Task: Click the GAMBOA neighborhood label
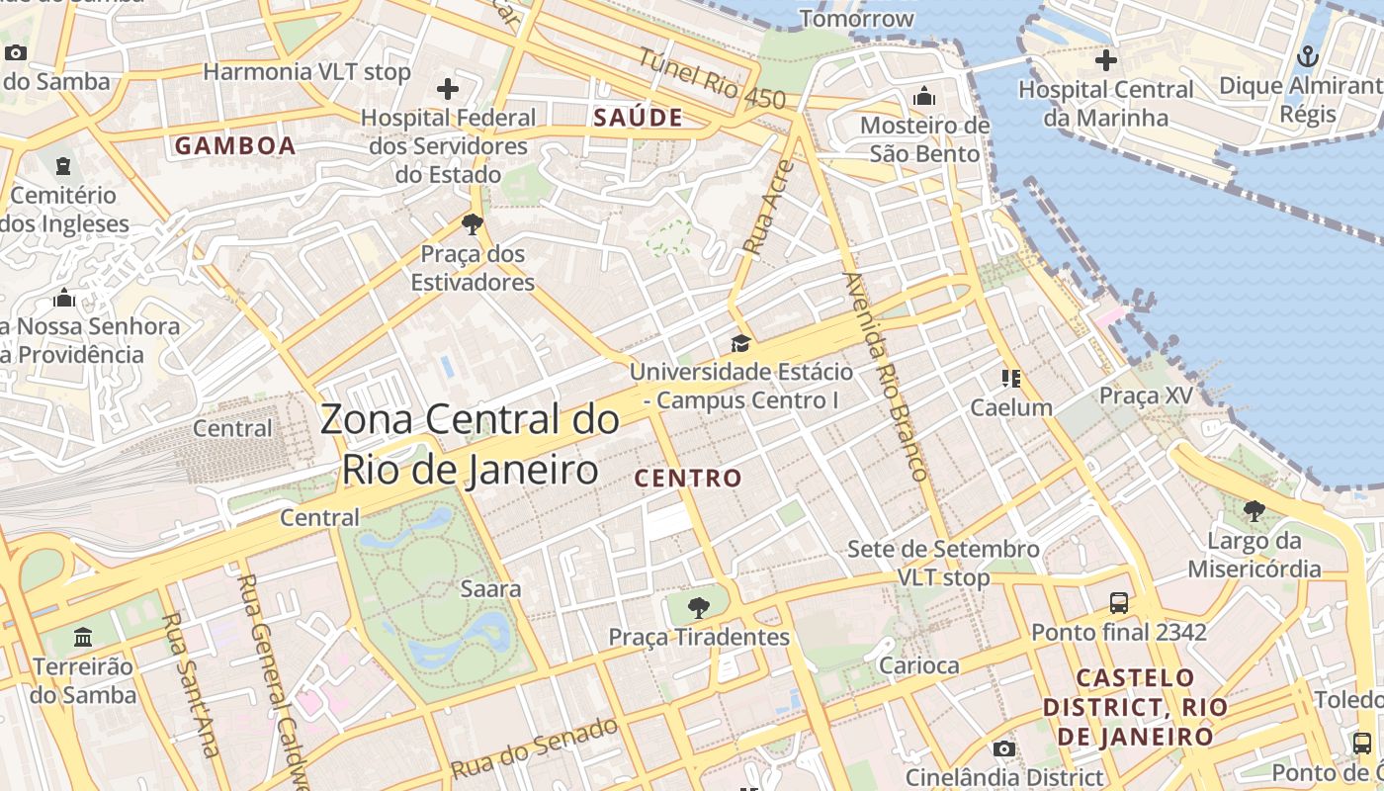click(x=235, y=146)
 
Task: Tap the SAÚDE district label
click(x=639, y=118)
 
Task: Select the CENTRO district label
click(x=688, y=479)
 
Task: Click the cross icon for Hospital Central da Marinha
click(x=1105, y=60)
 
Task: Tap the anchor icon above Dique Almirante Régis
click(x=1308, y=56)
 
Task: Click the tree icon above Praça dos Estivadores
click(x=473, y=224)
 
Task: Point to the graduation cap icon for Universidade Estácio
click(x=740, y=344)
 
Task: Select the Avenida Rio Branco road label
click(x=886, y=376)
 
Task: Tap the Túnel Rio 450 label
click(x=711, y=79)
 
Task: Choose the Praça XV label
click(x=1146, y=395)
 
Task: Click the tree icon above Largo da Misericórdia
click(x=1254, y=511)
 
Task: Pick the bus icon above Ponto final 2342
click(x=1118, y=602)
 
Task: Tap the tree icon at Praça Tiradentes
click(x=699, y=607)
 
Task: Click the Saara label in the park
click(x=490, y=589)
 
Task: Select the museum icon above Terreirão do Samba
click(x=83, y=636)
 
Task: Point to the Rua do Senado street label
click(x=535, y=747)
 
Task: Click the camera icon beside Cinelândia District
click(x=1003, y=748)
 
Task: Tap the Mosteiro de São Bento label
click(x=924, y=139)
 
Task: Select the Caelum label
click(x=1010, y=407)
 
